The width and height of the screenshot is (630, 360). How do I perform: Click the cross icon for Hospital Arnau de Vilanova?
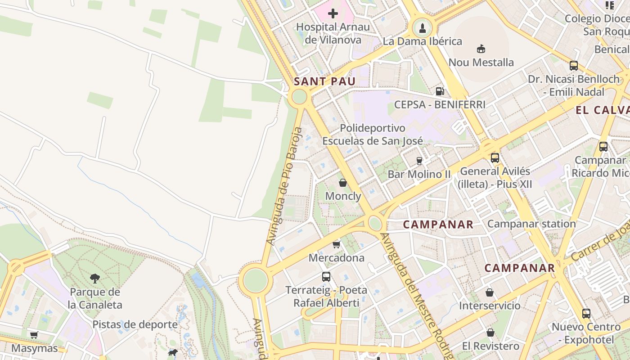click(333, 13)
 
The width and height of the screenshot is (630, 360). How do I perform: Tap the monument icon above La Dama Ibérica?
click(422, 28)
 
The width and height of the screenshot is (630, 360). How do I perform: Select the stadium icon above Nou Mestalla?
click(481, 49)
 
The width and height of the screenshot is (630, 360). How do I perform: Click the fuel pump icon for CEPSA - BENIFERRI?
click(440, 91)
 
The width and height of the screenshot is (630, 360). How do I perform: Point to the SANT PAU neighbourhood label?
click(324, 81)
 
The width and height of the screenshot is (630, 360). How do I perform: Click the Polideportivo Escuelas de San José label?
click(373, 135)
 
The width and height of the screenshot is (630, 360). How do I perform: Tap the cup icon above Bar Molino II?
click(419, 161)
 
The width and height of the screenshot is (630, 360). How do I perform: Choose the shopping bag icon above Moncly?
click(343, 183)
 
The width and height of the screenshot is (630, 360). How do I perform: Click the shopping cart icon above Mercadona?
click(336, 245)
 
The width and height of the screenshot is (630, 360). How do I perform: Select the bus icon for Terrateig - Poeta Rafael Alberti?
click(326, 277)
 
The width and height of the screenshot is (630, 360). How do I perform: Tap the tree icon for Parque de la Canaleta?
click(95, 279)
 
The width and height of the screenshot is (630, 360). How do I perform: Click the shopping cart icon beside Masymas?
click(34, 335)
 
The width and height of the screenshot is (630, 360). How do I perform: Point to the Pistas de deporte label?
click(135, 324)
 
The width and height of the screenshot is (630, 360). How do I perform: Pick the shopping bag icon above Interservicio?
click(490, 292)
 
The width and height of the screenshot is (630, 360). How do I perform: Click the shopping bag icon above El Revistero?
click(490, 333)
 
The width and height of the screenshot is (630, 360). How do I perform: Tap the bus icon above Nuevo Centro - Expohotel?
click(586, 314)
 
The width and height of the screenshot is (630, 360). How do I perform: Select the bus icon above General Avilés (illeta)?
click(495, 158)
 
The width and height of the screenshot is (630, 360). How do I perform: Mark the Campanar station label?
click(531, 224)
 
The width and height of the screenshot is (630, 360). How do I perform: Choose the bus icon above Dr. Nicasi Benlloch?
click(574, 66)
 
